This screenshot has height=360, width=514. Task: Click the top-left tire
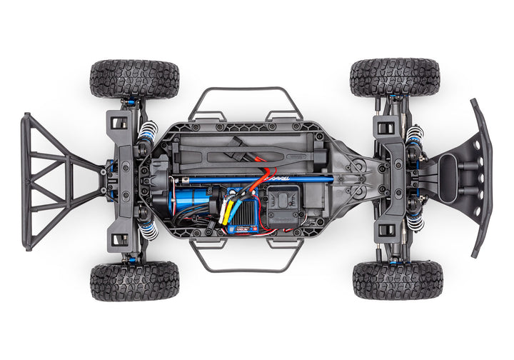tap(134, 79)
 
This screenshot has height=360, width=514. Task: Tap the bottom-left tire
tap(134, 280)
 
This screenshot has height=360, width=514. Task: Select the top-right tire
tap(395, 77)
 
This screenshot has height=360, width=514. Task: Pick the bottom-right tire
tap(397, 279)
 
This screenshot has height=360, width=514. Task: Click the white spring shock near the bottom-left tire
tap(148, 229)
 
